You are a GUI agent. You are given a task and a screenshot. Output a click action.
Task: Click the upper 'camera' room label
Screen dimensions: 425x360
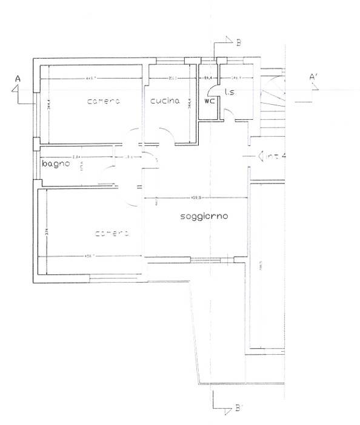(104, 101)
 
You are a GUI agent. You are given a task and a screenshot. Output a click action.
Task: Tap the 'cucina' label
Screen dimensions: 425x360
(165, 101)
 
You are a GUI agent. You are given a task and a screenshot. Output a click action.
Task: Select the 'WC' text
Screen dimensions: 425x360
(209, 101)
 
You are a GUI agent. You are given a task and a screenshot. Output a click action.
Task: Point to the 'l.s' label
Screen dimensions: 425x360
(229, 93)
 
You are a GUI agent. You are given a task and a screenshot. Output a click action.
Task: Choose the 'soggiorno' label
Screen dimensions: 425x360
(204, 216)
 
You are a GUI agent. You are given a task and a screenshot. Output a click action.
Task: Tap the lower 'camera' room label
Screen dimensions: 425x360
(112, 233)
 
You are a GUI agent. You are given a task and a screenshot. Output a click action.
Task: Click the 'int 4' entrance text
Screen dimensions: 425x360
(272, 156)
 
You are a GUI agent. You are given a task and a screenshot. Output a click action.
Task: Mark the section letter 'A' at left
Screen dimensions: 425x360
(18, 79)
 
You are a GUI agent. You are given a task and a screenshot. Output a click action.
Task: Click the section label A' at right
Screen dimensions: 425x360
(315, 78)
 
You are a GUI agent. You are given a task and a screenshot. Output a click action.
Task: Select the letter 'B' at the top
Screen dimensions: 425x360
(239, 42)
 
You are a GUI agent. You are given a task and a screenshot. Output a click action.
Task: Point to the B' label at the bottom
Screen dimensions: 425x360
(239, 409)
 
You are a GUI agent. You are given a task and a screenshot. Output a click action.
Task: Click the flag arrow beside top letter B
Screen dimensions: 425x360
(227, 41)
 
